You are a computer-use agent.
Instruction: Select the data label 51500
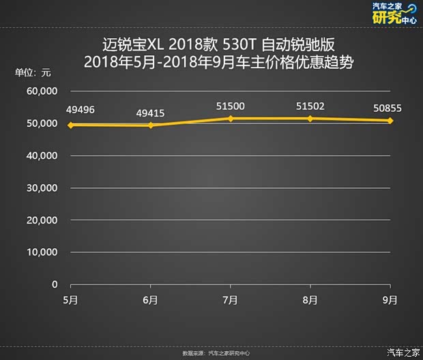tap(231, 106)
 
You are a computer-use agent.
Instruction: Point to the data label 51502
tap(310, 106)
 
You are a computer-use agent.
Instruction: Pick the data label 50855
tap(388, 108)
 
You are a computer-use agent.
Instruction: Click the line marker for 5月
tap(71, 125)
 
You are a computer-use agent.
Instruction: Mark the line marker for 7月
tap(231, 119)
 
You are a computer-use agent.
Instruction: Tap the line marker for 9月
tap(390, 121)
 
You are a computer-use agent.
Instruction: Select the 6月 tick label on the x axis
tap(151, 300)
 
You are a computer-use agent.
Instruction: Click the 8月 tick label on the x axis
tap(310, 300)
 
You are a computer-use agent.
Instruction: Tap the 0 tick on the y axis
tap(55, 284)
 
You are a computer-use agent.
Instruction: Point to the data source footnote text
tap(211, 353)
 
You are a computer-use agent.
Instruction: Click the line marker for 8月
tap(310, 119)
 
